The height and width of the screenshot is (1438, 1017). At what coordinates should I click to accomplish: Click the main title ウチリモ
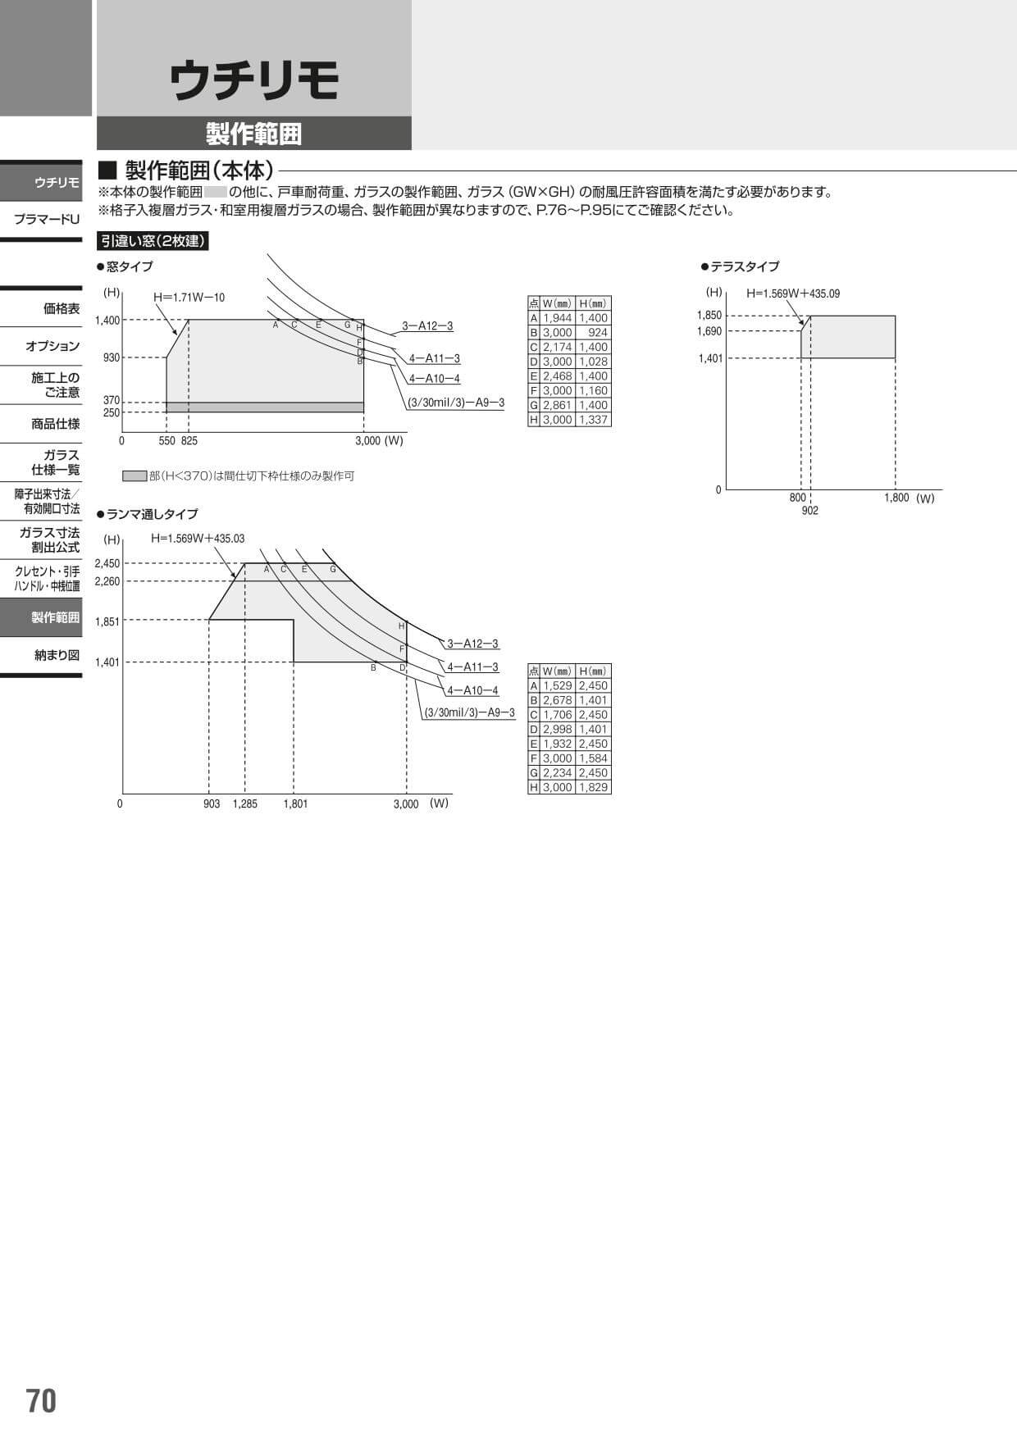pos(254,82)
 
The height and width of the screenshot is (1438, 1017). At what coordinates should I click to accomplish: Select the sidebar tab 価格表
pos(62,309)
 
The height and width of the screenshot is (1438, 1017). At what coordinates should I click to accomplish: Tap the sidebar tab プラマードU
pos(47,219)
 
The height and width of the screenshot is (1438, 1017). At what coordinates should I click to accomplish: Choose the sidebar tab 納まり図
pos(57,655)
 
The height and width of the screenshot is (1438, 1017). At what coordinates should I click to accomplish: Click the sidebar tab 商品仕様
pos(56,424)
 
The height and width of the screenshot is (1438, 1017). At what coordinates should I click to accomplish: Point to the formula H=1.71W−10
pos(189,298)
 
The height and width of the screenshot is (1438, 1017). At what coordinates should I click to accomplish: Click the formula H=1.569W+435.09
pos(792,294)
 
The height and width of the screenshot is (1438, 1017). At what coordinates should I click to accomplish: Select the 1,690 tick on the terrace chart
pos(709,331)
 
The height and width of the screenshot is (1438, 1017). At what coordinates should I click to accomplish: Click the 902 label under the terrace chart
pos(809,511)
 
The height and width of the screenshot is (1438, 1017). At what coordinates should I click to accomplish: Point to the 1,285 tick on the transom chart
pos(244,804)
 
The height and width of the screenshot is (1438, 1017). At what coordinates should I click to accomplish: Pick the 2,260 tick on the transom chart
pos(107,582)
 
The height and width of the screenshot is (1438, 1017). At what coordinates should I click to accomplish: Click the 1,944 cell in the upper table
pos(558,318)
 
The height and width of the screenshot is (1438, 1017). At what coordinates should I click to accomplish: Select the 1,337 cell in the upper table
pos(593,420)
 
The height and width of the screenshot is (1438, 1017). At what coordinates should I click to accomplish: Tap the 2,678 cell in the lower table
pos(558,700)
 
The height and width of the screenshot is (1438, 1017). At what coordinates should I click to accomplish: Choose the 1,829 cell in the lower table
pos(593,787)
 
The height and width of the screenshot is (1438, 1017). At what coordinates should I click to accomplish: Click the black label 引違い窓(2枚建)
pos(153,241)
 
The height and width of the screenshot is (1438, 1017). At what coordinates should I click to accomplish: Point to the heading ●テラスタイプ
pos(740,266)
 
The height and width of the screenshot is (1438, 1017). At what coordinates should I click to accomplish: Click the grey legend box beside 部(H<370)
pos(135,476)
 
